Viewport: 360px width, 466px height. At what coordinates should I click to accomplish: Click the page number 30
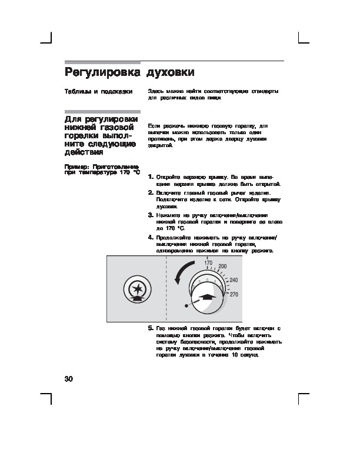[x=68, y=377]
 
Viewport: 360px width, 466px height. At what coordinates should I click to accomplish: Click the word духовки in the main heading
[x=171, y=73]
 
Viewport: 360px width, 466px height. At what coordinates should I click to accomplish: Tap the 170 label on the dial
[x=208, y=262]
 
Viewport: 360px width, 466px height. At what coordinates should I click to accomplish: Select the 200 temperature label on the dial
[x=222, y=267]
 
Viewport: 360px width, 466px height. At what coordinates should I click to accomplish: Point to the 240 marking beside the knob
[x=234, y=279]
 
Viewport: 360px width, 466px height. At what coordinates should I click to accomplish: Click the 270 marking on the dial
[x=234, y=294]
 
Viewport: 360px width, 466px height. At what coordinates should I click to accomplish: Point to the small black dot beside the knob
[x=186, y=307]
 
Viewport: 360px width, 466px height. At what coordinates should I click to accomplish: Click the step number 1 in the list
[x=151, y=177]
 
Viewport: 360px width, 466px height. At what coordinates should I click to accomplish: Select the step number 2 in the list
[x=151, y=192]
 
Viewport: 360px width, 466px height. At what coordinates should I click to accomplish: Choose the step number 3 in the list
[x=151, y=215]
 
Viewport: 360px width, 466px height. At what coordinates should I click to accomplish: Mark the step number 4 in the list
[x=151, y=237]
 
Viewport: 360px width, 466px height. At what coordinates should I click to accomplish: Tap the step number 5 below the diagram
[x=151, y=327]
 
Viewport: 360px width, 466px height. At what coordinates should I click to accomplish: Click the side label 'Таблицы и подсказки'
[x=98, y=92]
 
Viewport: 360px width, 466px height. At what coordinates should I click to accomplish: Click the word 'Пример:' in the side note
[x=76, y=167]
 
